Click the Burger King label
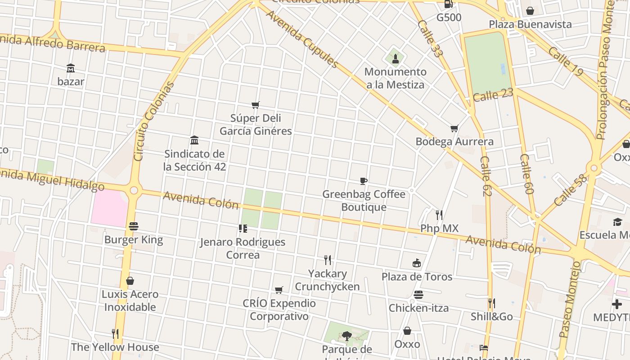[x=134, y=239]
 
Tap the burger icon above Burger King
[x=134, y=226]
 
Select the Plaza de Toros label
[x=417, y=276]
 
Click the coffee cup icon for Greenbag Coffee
[x=364, y=181]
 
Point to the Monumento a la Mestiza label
[x=395, y=78]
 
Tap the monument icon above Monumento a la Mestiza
[x=396, y=58]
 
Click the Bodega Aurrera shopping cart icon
[x=454, y=128]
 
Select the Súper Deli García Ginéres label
[x=256, y=125]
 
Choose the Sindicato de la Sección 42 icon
[x=194, y=140]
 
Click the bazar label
[x=71, y=81]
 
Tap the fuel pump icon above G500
[x=449, y=4]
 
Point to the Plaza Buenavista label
[x=530, y=24]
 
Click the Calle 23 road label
[x=493, y=95]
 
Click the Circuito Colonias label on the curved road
[x=154, y=121]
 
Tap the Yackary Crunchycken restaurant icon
[x=328, y=260]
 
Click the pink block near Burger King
[x=109, y=207]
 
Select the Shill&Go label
[x=491, y=316]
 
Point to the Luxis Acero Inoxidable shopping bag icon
[x=130, y=281]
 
